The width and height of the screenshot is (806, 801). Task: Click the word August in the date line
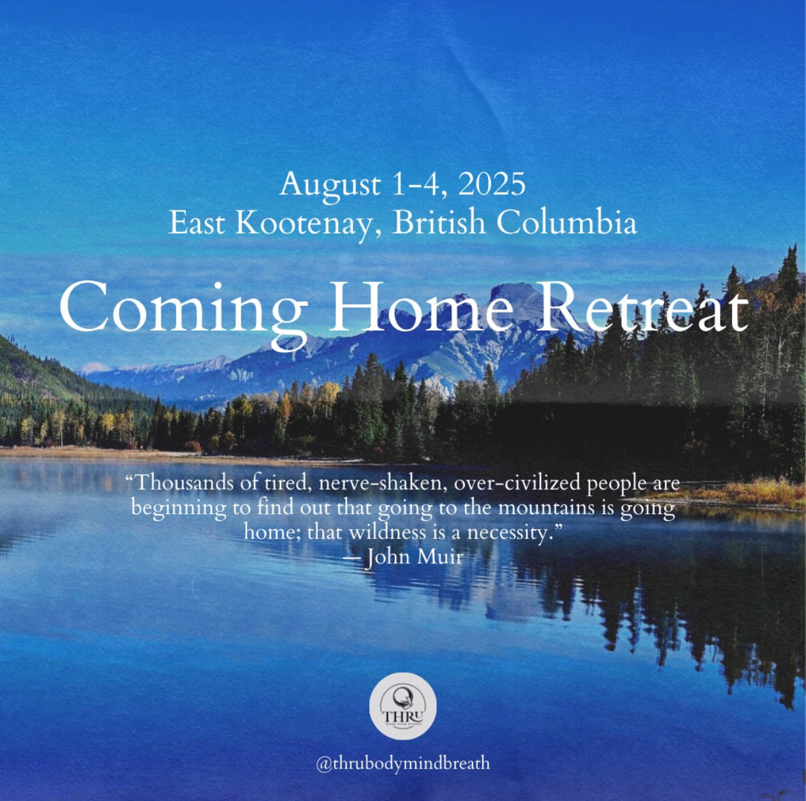pos(330,186)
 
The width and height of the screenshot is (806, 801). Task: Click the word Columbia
pos(567,223)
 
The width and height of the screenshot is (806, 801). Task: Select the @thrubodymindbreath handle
pos(402,763)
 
